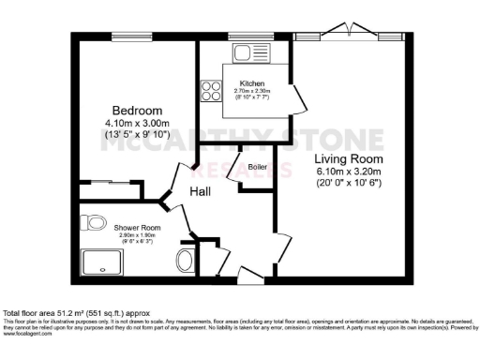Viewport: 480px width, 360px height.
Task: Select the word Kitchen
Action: (x=252, y=84)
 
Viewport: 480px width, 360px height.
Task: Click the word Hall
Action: (x=200, y=191)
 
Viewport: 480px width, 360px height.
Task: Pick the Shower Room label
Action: (x=138, y=228)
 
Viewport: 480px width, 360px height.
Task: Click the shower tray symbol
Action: (x=99, y=262)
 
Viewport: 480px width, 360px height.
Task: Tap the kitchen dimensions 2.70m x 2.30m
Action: (x=252, y=93)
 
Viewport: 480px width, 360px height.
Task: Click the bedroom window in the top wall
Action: (x=125, y=37)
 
